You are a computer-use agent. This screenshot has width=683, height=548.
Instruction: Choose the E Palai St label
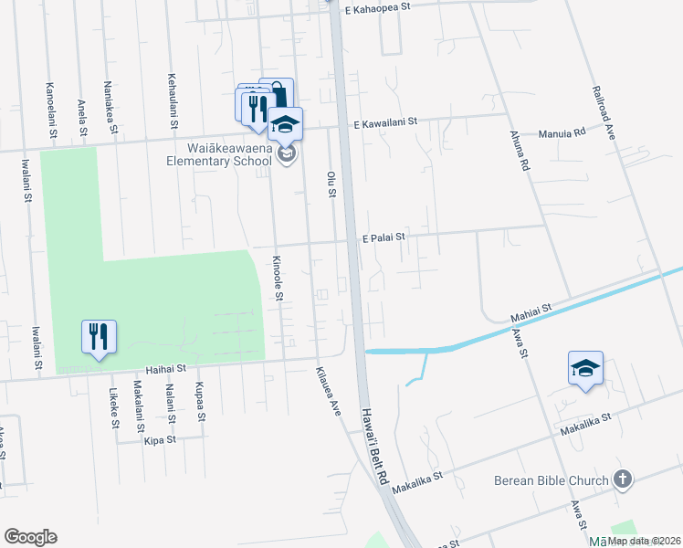383,237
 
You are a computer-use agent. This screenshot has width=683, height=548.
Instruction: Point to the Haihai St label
166,369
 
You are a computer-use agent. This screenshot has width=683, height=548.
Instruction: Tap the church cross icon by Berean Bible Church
623,479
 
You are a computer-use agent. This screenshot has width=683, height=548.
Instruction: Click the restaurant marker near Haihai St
99,336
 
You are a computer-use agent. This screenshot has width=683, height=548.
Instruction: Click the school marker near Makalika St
585,367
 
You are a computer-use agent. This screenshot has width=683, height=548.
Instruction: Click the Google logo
30,537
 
